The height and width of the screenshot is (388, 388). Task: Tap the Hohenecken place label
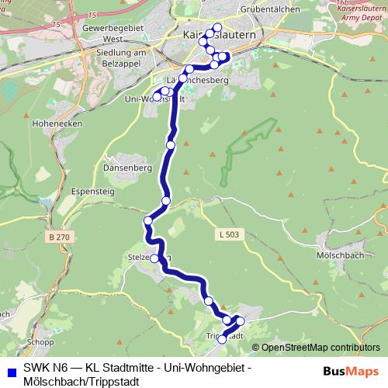tap(52, 123)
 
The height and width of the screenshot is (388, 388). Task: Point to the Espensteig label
tap(72, 189)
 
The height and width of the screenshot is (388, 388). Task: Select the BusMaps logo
tap(351, 371)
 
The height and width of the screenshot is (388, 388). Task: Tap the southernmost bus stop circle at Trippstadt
tap(223, 339)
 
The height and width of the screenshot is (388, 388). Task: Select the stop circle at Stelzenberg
tap(154, 258)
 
